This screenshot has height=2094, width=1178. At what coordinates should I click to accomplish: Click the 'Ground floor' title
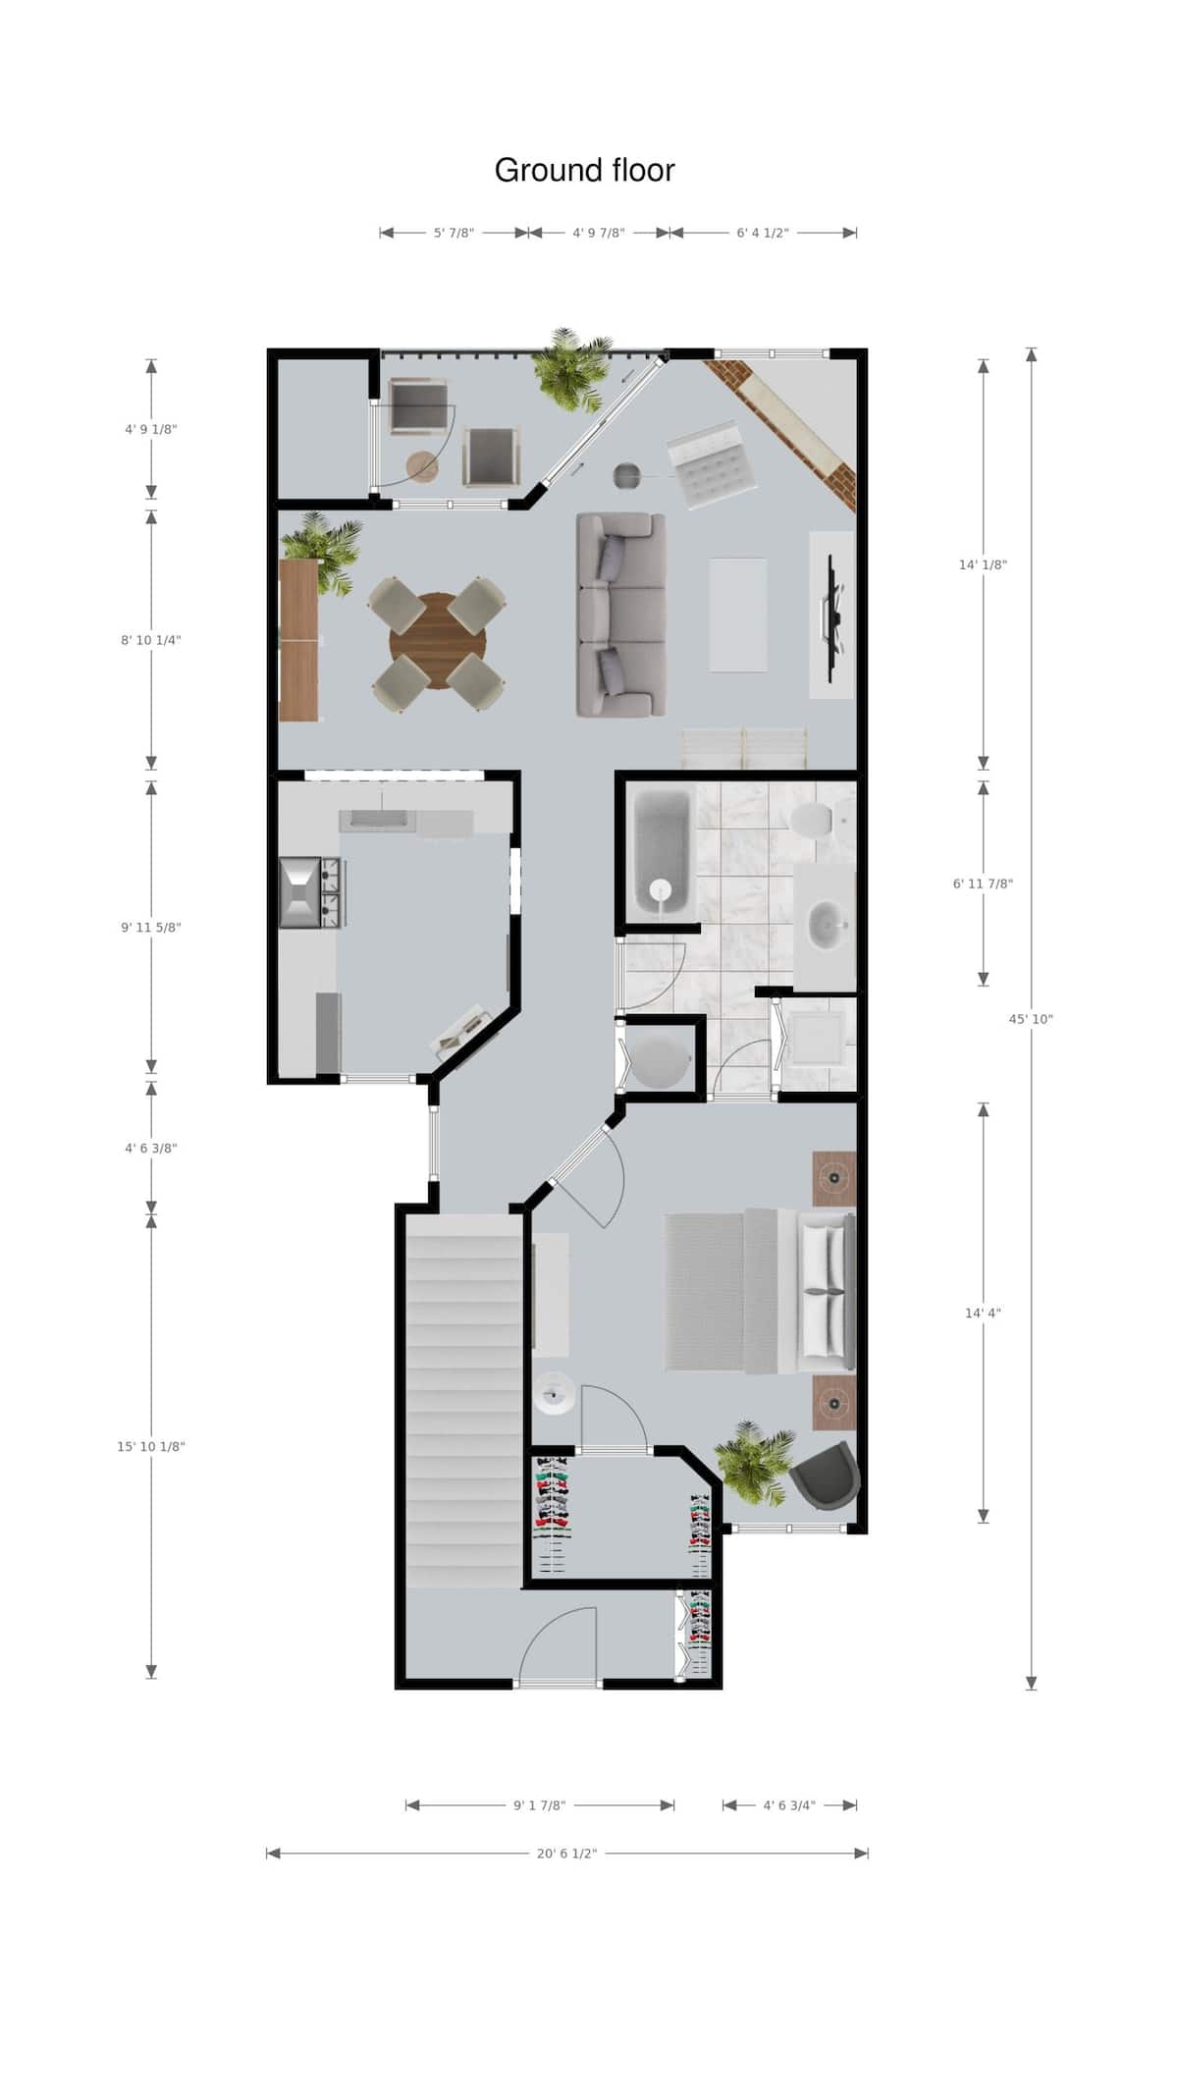pyautogui.click(x=584, y=171)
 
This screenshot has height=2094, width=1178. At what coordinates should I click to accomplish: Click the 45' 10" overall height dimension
pyautogui.click(x=1030, y=1019)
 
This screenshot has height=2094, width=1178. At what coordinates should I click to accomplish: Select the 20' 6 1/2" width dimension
pyautogui.click(x=566, y=1853)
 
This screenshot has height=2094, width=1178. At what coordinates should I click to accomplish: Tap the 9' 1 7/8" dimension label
pyautogui.click(x=539, y=1805)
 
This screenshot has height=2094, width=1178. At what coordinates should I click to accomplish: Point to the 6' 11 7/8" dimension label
pyautogui.click(x=983, y=884)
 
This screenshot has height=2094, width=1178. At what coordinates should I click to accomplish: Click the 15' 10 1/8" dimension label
pyautogui.click(x=151, y=1446)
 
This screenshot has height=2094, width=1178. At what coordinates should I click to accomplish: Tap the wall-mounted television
pyautogui.click(x=833, y=616)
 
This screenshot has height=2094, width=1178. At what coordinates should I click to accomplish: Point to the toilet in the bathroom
pyautogui.click(x=815, y=818)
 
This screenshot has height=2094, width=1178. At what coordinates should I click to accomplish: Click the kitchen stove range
pyautogui.click(x=310, y=892)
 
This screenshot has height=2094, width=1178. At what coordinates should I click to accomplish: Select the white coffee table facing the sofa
pyautogui.click(x=738, y=615)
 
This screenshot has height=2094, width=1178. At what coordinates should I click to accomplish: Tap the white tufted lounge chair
pyautogui.click(x=713, y=466)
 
